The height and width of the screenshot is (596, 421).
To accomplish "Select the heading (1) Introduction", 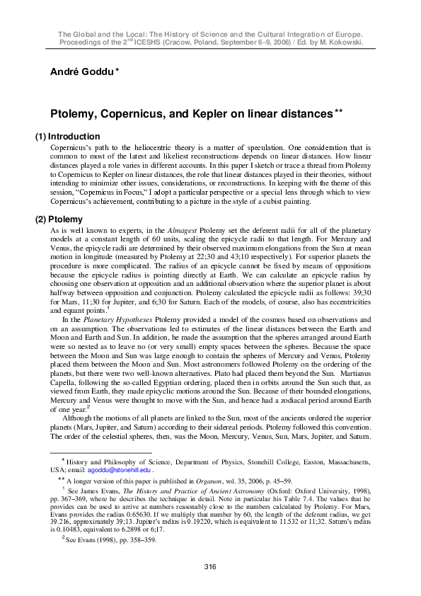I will [68, 137].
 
